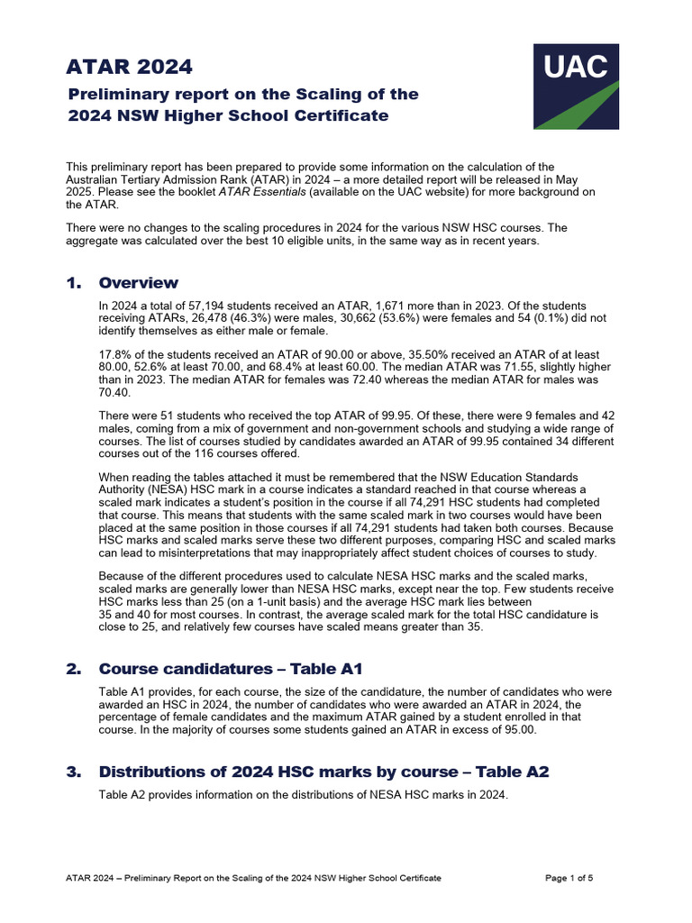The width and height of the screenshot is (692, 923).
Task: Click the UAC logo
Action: [576, 86]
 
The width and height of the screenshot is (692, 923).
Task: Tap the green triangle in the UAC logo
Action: [590, 111]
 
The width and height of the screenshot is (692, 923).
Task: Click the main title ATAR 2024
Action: [129, 67]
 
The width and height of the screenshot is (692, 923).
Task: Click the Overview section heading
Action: [138, 283]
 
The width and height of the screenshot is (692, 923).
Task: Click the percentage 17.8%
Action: [114, 355]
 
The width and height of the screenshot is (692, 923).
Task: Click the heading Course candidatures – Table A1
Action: [230, 669]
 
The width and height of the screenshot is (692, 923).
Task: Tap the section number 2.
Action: [73, 669]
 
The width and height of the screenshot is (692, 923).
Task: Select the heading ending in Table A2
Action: [323, 772]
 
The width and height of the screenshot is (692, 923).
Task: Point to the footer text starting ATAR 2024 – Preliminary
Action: [253, 878]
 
